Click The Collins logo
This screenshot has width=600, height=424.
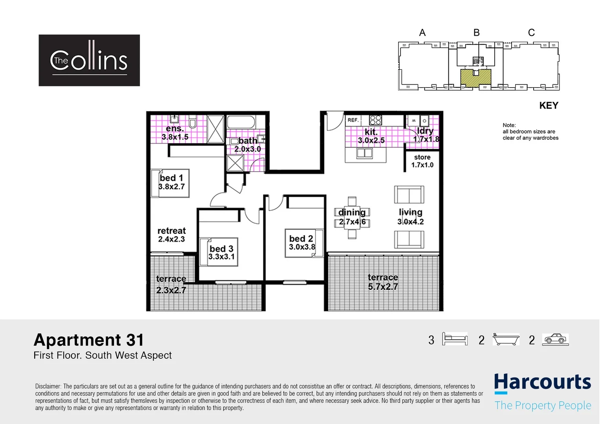[89, 60]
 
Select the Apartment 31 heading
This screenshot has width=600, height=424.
[89, 340]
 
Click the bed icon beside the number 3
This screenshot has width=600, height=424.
[455, 339]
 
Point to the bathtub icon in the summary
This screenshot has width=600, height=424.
[506, 339]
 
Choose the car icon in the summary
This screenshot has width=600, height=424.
[555, 339]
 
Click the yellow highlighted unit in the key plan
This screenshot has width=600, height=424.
[476, 78]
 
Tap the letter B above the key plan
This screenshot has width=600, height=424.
[476, 33]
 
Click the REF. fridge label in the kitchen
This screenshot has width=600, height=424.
[353, 120]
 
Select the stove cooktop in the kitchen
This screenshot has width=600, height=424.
[375, 120]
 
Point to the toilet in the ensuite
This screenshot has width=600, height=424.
[192, 123]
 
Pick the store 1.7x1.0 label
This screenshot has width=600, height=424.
[422, 161]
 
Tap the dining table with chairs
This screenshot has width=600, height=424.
[352, 217]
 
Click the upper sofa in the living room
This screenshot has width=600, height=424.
[409, 194]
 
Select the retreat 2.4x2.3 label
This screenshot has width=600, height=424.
[171, 235]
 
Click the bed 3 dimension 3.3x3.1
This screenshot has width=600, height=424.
[221, 257]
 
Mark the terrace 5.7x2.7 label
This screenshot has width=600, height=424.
[383, 282]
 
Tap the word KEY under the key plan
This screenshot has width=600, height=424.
[549, 106]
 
